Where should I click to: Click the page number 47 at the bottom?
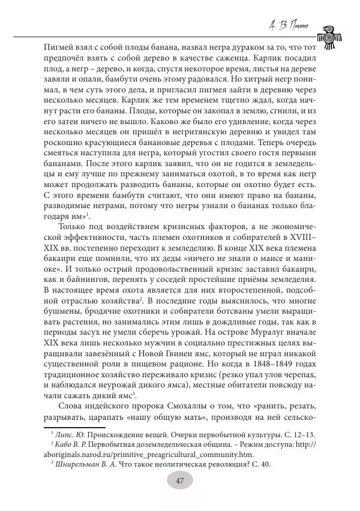pyautogui.click(x=179, y=480)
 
